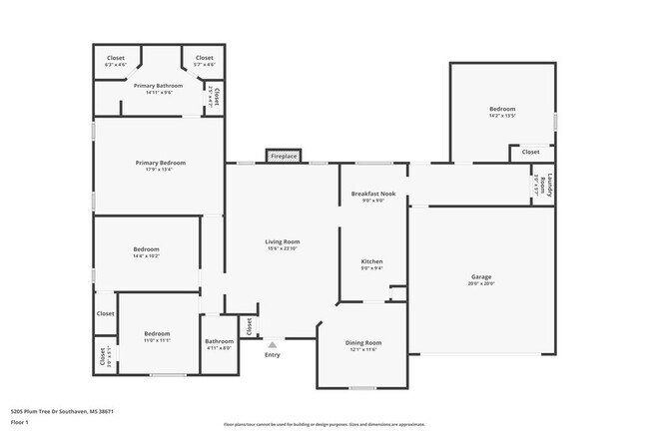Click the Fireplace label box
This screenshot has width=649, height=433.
click(285, 157)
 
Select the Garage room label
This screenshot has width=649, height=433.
click(481, 276)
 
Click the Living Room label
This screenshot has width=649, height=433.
click(283, 241)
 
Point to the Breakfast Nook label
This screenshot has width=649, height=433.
click(373, 194)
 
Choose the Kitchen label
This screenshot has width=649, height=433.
click(371, 261)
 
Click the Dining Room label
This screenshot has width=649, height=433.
click(364, 342)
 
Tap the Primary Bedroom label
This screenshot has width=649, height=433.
click(160, 163)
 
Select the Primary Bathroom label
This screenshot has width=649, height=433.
click(160, 86)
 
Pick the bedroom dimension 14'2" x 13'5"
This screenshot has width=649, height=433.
click(502, 116)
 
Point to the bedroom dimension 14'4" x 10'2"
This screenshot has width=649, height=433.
click(147, 256)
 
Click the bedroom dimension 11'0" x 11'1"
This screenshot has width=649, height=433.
click(157, 340)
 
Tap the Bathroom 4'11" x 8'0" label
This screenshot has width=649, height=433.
click(219, 345)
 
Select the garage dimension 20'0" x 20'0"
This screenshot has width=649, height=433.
click(481, 283)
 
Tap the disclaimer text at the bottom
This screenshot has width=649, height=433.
click(324, 424)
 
